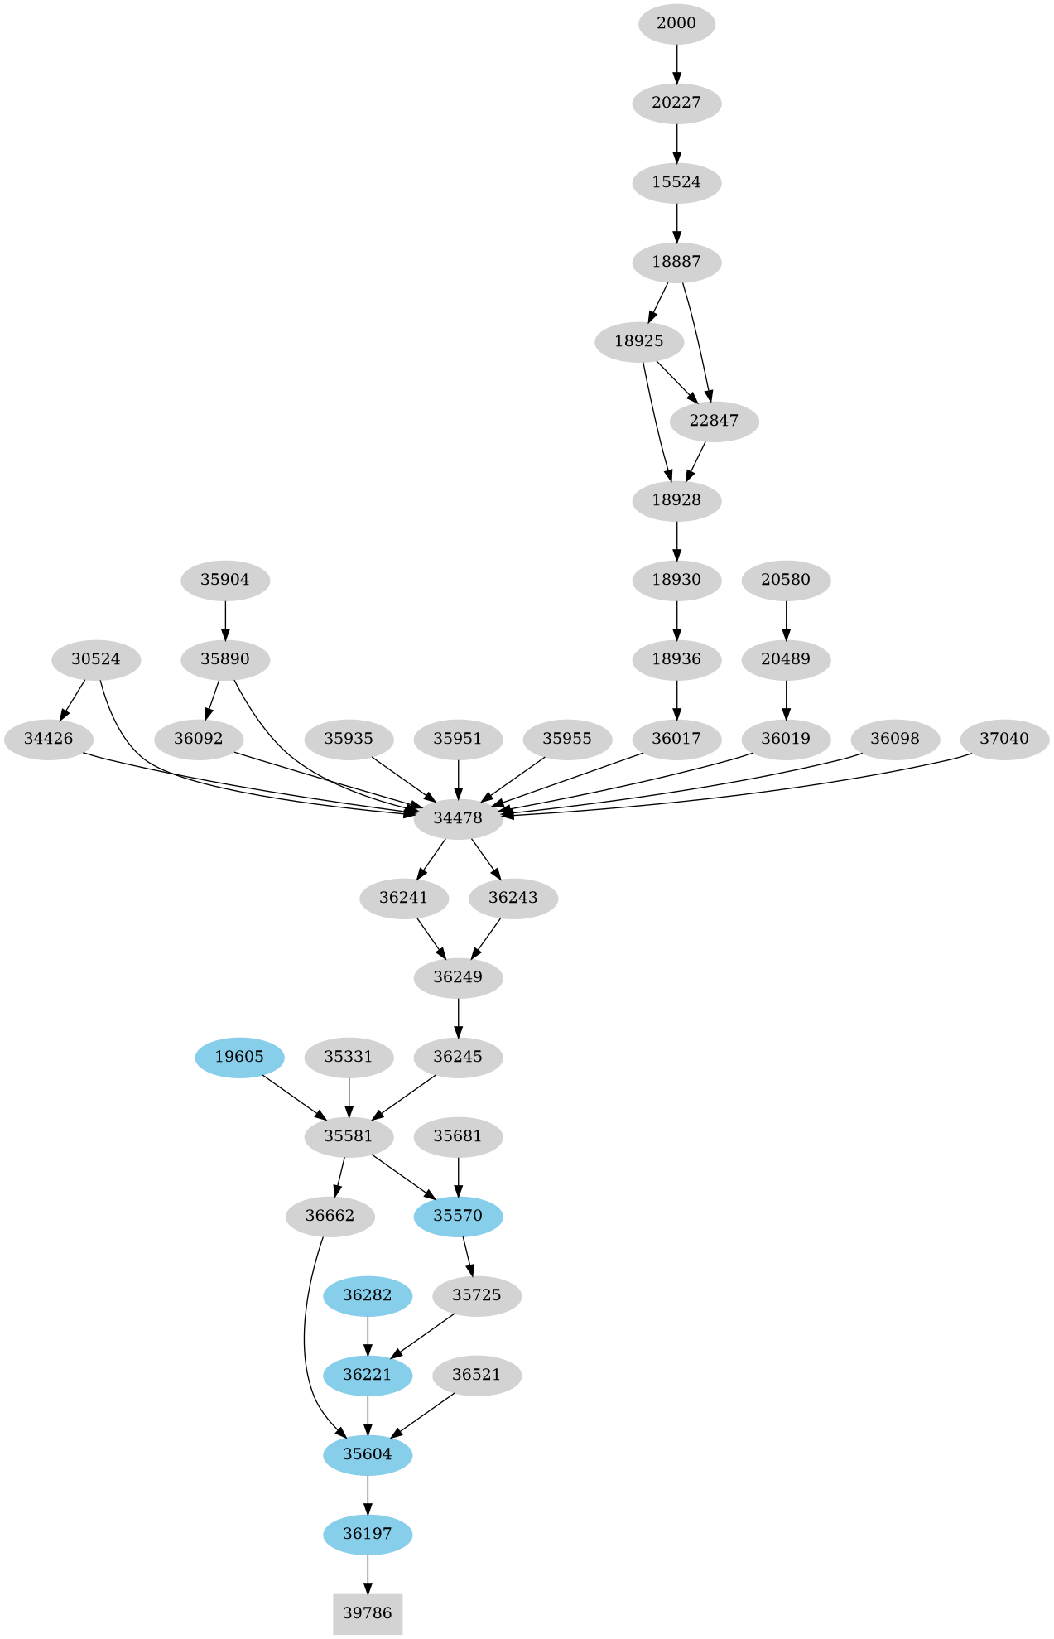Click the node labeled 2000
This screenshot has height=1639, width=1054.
(x=676, y=23)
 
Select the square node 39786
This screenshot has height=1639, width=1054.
(x=368, y=1612)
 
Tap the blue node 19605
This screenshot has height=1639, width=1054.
(x=239, y=1057)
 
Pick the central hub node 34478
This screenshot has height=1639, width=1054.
(x=458, y=818)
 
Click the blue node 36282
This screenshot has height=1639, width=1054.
(x=368, y=1295)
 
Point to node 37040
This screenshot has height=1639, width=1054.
(x=1004, y=739)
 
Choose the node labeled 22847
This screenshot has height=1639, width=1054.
(x=714, y=421)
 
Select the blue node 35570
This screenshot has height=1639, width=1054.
(x=458, y=1216)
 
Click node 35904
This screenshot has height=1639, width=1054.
(x=225, y=580)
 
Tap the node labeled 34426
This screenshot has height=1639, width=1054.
(x=49, y=739)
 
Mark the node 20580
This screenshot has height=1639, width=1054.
(x=786, y=580)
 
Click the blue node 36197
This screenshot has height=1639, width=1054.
(x=368, y=1534)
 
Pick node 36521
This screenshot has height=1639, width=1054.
(x=477, y=1375)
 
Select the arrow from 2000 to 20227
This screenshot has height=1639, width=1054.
(x=677, y=63)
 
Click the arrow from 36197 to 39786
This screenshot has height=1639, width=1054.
(x=368, y=1574)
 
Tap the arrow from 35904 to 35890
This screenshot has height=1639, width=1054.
(x=225, y=619)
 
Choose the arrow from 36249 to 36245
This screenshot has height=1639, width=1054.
(x=458, y=1017)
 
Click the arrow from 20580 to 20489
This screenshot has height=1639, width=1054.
(x=786, y=619)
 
